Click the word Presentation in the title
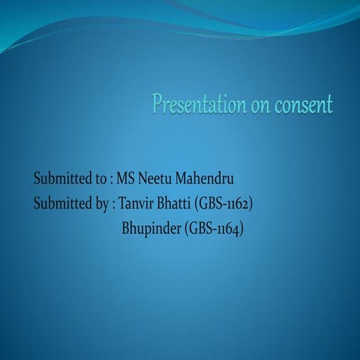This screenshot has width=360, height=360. tap(197, 104)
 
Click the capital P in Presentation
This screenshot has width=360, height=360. tap(158, 103)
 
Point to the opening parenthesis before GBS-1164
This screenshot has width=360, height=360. tap(186, 228)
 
